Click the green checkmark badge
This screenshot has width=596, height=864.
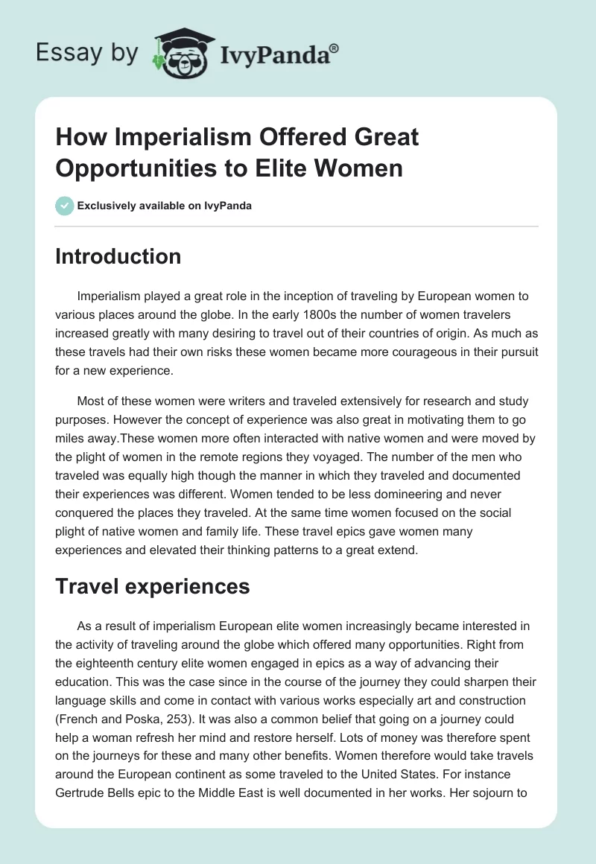[65, 206]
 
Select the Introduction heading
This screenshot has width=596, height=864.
[118, 256]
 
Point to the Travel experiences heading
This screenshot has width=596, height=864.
[152, 587]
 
